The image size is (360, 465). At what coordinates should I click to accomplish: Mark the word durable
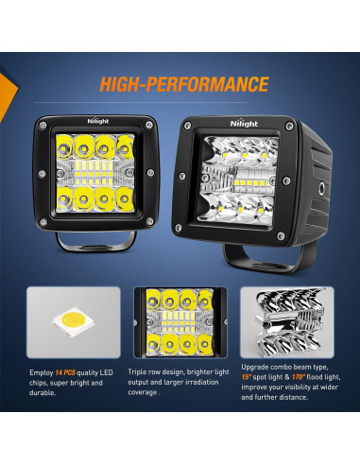[x=43, y=400]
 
